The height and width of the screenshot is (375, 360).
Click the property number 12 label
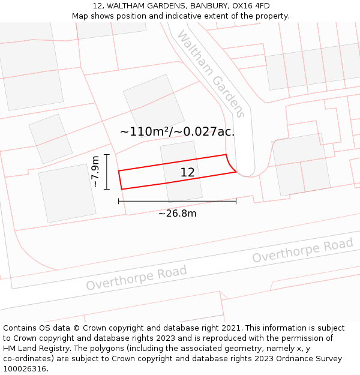187,173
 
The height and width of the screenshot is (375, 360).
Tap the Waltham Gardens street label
211,74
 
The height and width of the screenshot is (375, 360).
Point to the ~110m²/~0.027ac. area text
177,131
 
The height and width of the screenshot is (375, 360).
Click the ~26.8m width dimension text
177,213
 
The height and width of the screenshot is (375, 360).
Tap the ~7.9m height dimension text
95,172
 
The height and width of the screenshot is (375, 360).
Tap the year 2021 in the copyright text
231,328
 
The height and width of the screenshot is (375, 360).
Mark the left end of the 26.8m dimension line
119,201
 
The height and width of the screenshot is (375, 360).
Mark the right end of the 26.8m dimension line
236,201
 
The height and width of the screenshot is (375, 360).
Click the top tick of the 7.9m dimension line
106,155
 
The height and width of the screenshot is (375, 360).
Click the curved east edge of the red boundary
230,164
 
